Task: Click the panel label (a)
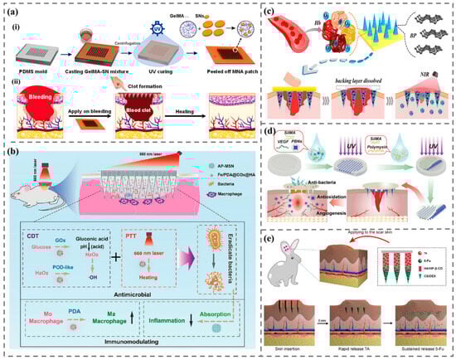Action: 14,9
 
